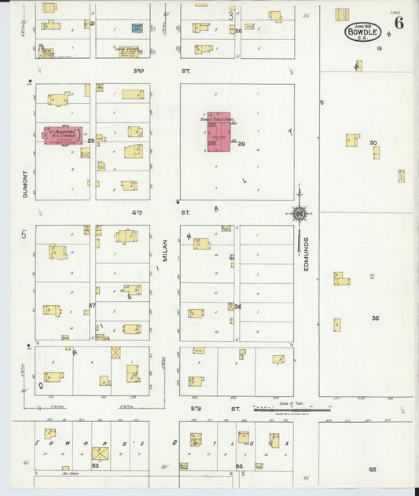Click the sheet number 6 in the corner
(x=399, y=23)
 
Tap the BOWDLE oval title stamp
(x=362, y=33)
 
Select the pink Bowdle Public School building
(x=219, y=131)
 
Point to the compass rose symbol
(x=300, y=213)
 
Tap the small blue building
(x=137, y=28)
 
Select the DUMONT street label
(x=25, y=183)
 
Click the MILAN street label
(x=166, y=252)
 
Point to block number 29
(x=241, y=144)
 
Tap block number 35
(x=375, y=318)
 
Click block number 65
(x=372, y=469)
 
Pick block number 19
(x=379, y=49)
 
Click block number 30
(x=373, y=143)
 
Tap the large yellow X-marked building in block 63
(x=100, y=454)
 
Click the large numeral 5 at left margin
(x=24, y=235)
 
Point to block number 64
(x=239, y=467)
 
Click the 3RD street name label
(x=139, y=71)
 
